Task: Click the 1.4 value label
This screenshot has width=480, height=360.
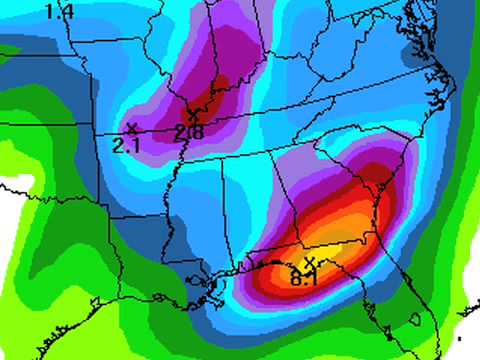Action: [60, 11]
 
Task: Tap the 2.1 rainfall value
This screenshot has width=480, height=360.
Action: [125, 146]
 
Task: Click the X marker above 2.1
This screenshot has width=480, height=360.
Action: [131, 128]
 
